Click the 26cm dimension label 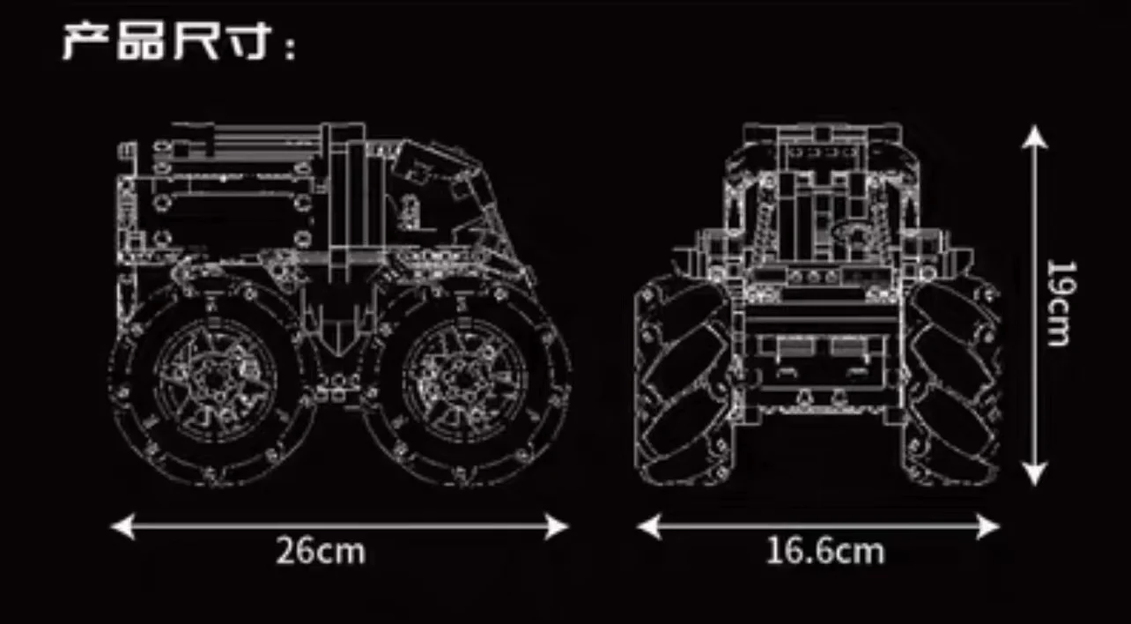click(321, 551)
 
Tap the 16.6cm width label click(825, 551)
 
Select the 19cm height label click(1061, 303)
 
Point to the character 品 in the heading click(140, 41)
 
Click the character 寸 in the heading click(244, 41)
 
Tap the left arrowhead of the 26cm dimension click(122, 526)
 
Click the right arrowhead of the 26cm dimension click(557, 526)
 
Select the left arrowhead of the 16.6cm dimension click(649, 526)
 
